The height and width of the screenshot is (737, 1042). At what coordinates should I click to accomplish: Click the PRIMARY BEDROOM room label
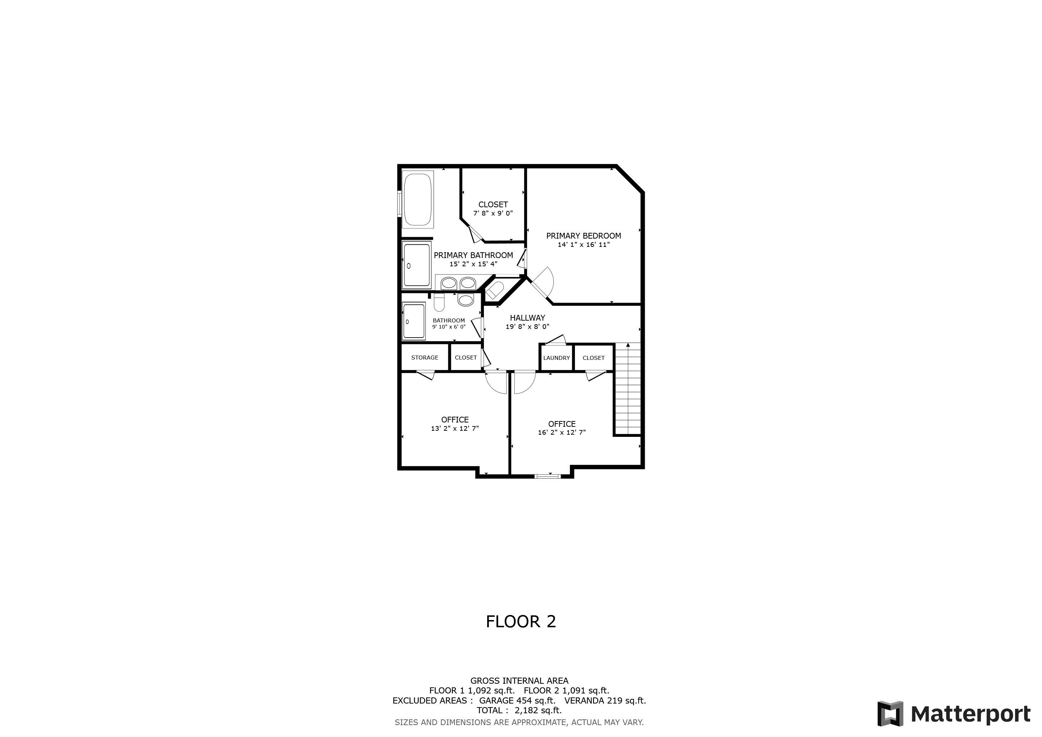tap(583, 236)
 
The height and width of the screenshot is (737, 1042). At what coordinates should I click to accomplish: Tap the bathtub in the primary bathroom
tap(418, 199)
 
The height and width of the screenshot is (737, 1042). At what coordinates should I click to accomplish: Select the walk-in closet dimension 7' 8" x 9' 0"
tap(493, 213)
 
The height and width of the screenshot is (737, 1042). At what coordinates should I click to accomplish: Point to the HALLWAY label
tap(527, 318)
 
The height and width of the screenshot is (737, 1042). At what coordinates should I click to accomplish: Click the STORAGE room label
tap(425, 358)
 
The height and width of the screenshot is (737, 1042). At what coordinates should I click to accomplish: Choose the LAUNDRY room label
tap(556, 358)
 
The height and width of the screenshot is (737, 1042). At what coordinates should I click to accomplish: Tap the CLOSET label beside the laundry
tap(594, 358)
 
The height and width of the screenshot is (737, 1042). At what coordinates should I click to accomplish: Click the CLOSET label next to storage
tap(466, 358)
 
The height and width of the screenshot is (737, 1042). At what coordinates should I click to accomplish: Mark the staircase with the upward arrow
tap(628, 389)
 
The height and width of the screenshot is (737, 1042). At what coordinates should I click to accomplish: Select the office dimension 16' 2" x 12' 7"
tap(562, 433)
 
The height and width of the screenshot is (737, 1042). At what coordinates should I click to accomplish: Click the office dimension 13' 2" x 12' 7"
tap(455, 428)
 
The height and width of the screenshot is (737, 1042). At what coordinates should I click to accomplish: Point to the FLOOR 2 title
tap(521, 622)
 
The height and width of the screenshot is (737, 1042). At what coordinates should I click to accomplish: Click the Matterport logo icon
tap(890, 714)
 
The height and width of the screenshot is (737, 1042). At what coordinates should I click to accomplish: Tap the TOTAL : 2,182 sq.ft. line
tap(519, 710)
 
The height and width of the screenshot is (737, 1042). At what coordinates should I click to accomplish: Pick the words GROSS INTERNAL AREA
tap(519, 681)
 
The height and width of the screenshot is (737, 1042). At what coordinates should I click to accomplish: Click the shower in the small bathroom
tap(414, 321)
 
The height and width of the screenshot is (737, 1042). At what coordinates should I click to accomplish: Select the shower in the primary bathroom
tap(417, 266)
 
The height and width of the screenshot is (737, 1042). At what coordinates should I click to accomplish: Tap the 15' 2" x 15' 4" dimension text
tap(474, 264)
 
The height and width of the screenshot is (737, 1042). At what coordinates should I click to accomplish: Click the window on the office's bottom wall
tap(547, 476)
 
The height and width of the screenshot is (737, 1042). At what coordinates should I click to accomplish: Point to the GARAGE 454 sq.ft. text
tap(517, 700)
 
